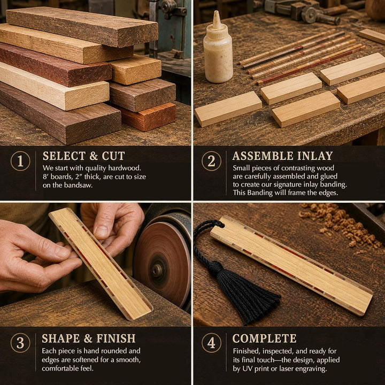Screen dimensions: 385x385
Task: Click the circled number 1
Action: tap(20, 161)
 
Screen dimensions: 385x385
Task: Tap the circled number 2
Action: tap(211, 161)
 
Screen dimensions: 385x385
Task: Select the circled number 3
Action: tap(20, 343)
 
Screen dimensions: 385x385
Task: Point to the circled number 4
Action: tap(211, 343)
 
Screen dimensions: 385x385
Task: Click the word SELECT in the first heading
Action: tap(64, 156)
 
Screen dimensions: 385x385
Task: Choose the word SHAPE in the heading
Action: tap(60, 338)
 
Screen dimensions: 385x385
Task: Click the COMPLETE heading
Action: tap(264, 338)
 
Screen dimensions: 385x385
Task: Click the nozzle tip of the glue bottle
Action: tap(216, 12)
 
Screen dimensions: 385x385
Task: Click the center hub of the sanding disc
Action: tap(156, 271)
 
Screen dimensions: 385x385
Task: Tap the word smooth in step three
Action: tap(128, 360)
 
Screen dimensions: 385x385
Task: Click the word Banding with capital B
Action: tap(260, 193)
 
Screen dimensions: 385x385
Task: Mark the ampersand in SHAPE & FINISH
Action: tap(88, 338)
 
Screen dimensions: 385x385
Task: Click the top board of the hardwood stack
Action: tap(82, 27)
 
